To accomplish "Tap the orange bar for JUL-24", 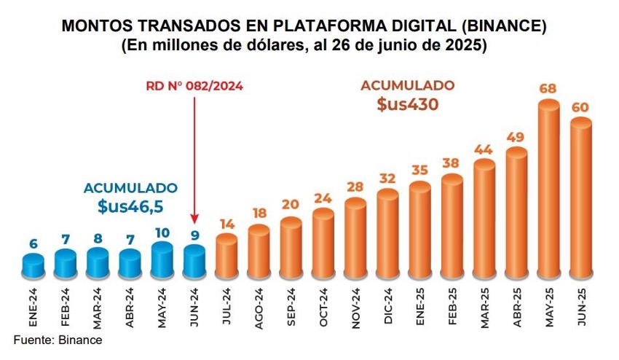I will pos(226,255).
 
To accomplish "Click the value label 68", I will pos(548,90).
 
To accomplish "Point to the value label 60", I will pos(580,108).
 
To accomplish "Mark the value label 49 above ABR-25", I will pos(516,137).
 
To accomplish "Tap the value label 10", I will pos(162,232).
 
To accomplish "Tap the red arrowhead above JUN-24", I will pos(194,220).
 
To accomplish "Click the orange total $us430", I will pos(407,104).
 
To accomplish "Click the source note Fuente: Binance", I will pos(58,340).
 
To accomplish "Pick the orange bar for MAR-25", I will pos(484,219).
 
